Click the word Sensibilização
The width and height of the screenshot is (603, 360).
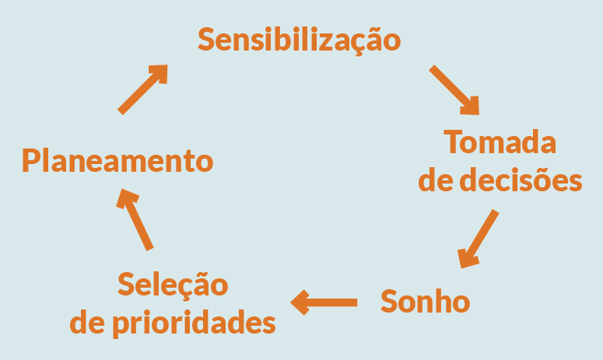(x=300, y=40)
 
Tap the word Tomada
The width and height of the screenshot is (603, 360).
(x=500, y=143)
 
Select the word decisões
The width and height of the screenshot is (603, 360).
(x=521, y=180)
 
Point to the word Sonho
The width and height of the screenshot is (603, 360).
(x=425, y=301)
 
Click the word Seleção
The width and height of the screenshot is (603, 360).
(x=173, y=285)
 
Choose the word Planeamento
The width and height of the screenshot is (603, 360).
(x=117, y=161)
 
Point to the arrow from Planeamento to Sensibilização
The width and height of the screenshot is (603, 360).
(x=143, y=89)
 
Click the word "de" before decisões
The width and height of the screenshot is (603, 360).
(x=433, y=180)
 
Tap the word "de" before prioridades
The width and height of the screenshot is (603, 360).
(x=86, y=322)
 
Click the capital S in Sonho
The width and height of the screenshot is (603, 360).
(x=390, y=301)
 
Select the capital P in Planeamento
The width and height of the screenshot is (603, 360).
(x=30, y=161)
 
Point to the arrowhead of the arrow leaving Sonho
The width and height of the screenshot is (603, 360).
(x=300, y=301)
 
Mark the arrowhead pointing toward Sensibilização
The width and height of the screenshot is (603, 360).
(x=160, y=74)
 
